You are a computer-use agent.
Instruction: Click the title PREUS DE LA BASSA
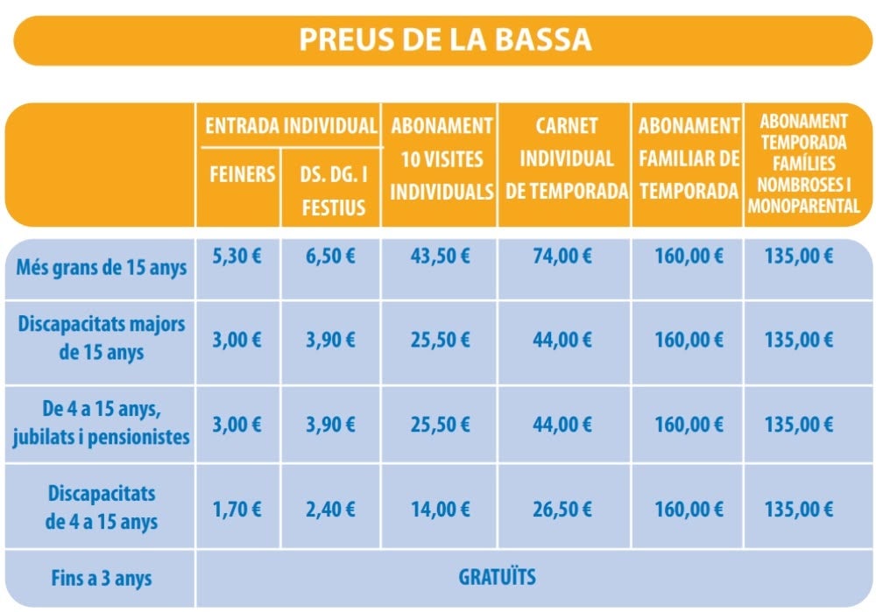(x=445, y=40)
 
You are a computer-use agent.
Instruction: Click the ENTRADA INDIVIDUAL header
(x=290, y=126)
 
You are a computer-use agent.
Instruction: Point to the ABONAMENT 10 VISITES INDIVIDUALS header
(x=442, y=158)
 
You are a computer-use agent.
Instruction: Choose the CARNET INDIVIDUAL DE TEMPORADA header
(x=566, y=158)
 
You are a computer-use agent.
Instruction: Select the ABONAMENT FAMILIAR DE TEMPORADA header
(x=689, y=158)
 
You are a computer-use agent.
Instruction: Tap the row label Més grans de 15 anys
(x=102, y=267)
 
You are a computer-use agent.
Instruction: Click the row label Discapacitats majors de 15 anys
(x=102, y=338)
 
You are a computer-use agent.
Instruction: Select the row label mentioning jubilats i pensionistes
(x=102, y=423)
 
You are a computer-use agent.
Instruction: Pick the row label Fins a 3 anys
(x=102, y=579)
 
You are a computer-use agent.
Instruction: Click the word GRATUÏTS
(x=498, y=578)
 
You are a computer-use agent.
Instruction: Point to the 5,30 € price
(x=237, y=257)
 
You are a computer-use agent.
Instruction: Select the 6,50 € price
(x=331, y=257)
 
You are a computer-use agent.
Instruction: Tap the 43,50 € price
(x=441, y=257)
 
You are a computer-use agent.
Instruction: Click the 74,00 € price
(x=562, y=257)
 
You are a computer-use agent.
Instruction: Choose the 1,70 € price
(x=237, y=510)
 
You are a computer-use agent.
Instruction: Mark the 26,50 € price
(x=562, y=510)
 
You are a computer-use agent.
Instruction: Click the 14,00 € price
(x=441, y=510)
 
